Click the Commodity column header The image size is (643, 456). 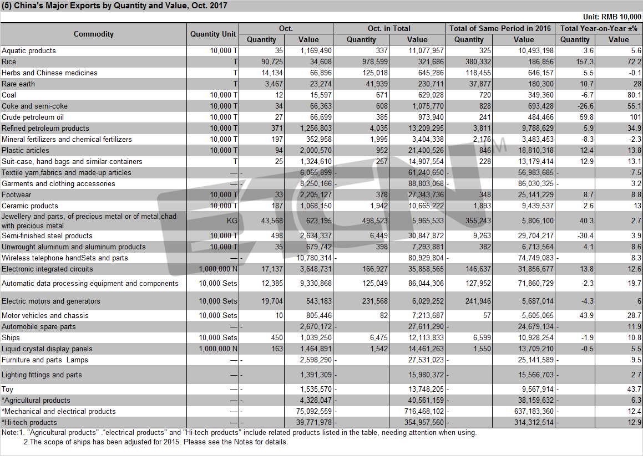coord(94,34)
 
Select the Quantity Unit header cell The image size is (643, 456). coord(213,34)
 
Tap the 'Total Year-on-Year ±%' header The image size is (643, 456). coord(599,28)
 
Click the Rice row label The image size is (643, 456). coord(9,62)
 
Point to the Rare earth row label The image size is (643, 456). coord(18,84)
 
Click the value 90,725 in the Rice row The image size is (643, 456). coord(272,62)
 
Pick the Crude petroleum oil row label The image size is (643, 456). coord(33,117)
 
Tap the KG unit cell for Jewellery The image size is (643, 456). coord(232,221)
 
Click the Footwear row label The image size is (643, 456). coord(17,195)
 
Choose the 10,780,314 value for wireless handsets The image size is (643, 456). coord(313,258)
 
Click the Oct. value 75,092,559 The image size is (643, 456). coord(313,411)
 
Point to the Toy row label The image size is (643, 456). coord(7,389)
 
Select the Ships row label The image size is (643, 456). coord(11,338)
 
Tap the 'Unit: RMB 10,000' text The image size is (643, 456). coord(612,17)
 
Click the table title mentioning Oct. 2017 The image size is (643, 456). coord(114,6)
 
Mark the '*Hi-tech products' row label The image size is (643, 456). coord(29,422)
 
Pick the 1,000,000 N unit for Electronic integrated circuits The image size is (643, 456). coord(218,269)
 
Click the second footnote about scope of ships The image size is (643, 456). coord(156,442)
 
